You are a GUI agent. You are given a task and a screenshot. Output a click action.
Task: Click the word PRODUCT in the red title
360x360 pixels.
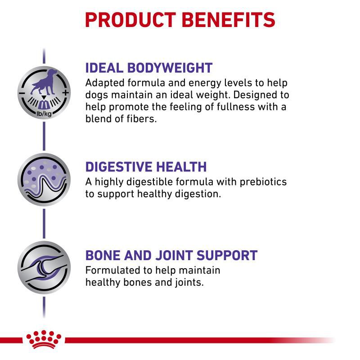tap(130, 20)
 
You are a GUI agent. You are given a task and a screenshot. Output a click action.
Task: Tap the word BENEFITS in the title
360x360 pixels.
tap(229, 20)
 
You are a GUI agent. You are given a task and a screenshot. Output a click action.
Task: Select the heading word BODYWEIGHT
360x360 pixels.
tap(170, 68)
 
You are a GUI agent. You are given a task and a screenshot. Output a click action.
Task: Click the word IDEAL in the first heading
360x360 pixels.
tap(104, 68)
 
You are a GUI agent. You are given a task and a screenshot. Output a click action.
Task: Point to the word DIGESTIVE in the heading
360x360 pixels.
tap(118, 166)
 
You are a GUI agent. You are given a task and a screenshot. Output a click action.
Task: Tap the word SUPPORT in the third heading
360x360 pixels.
tap(227, 255)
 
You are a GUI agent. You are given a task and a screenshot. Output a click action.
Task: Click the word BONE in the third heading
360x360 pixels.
tap(103, 255)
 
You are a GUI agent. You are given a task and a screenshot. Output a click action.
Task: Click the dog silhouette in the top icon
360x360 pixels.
tap(44, 82)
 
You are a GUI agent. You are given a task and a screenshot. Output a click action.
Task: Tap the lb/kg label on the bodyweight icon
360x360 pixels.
tap(44, 113)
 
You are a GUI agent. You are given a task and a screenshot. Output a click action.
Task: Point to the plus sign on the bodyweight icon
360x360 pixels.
tap(65, 93)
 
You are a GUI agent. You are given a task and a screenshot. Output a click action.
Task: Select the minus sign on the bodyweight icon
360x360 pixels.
tap(22, 93)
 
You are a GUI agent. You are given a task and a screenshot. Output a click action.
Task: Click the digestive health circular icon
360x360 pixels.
tap(44, 180)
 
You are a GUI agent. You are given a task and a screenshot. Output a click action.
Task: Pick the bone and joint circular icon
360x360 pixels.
tap(44, 267)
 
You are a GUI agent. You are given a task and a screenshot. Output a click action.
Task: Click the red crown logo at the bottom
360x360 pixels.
tap(44, 340)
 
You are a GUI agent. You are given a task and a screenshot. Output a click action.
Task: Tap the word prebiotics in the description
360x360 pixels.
tap(263, 182)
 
